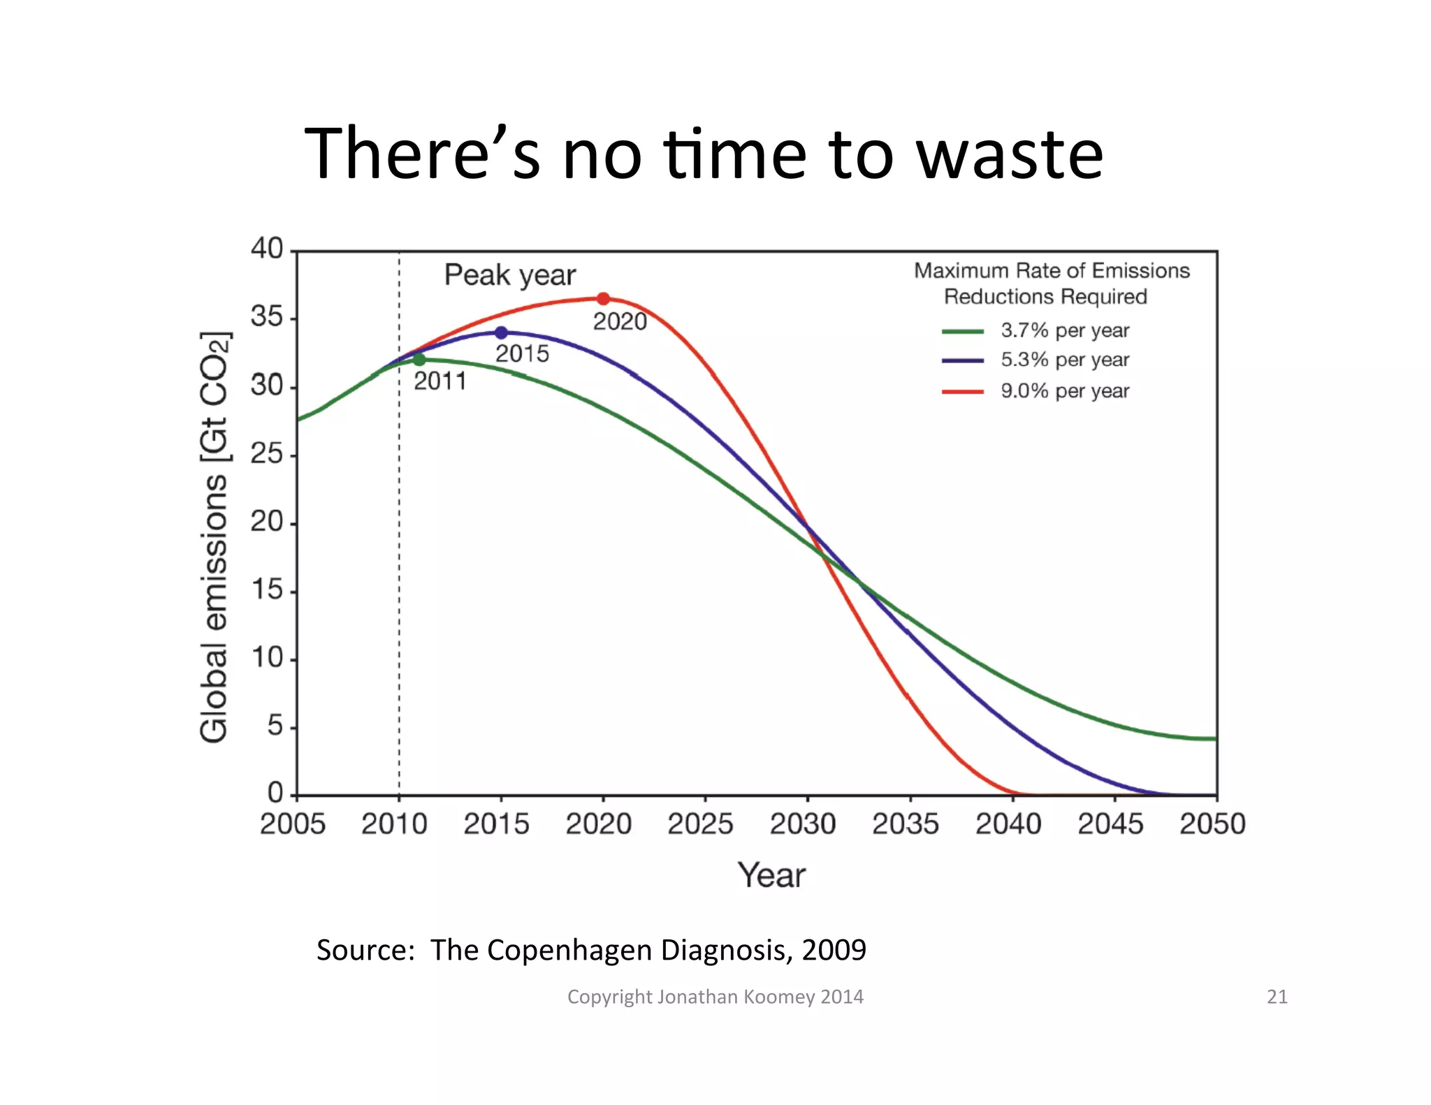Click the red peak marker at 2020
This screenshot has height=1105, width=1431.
[x=603, y=299]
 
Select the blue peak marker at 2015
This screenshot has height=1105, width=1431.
[x=501, y=333]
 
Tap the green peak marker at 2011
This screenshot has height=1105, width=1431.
[x=419, y=360]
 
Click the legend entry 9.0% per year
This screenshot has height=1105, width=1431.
[x=1064, y=390]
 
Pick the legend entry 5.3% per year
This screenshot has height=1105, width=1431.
[x=1064, y=360]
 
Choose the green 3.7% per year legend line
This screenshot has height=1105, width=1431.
[x=963, y=331]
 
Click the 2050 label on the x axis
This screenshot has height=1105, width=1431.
[x=1212, y=824]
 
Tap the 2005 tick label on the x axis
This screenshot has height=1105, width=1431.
[x=293, y=824]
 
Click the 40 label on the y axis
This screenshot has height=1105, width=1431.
[x=266, y=249]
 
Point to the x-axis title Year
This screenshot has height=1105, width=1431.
[x=771, y=875]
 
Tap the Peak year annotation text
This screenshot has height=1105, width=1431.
[x=510, y=275]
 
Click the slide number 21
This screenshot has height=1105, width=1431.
[x=1277, y=996]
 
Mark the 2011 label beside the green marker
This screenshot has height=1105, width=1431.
[x=440, y=381]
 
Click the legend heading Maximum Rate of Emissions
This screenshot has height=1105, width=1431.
[x=1051, y=271]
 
